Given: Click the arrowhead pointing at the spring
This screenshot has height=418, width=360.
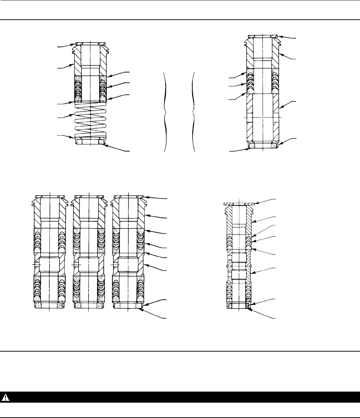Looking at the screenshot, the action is (74, 115).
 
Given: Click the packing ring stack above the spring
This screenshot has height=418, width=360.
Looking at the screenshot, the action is (77, 88).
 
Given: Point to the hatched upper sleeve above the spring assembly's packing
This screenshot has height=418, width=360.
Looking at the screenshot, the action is (77, 64).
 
